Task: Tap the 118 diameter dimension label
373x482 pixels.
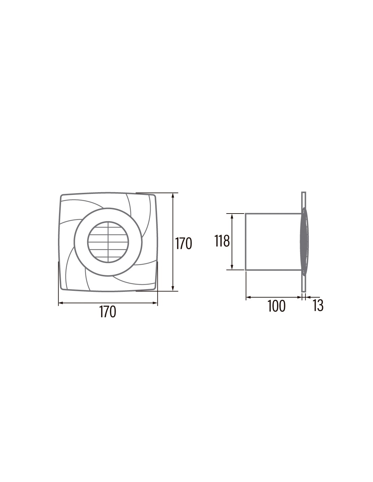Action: pyautogui.click(x=222, y=241)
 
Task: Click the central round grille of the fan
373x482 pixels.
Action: pyautogui.click(x=108, y=242)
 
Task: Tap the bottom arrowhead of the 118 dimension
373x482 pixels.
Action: pyautogui.click(x=232, y=267)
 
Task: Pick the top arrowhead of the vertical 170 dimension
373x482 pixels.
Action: pyautogui.click(x=173, y=195)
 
